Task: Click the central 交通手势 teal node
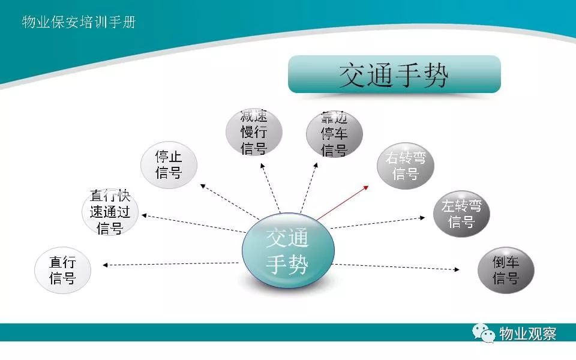(288, 250)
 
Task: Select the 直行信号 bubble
(62, 270)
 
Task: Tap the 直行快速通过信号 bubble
(110, 212)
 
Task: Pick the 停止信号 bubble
(169, 165)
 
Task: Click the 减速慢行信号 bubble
(254, 132)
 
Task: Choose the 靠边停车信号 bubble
(334, 134)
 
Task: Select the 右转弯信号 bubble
(406, 166)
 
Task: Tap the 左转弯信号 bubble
(461, 214)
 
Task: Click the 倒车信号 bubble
(506, 270)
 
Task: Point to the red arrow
(343, 203)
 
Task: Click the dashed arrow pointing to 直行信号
(170, 264)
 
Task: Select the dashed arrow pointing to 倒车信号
(395, 266)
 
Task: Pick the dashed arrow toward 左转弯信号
(377, 223)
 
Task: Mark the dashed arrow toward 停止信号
(230, 202)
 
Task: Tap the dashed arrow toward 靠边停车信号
(309, 188)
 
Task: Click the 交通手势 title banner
(394, 74)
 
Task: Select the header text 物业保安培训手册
(79, 22)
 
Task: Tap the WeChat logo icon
(484, 333)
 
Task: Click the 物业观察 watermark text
(527, 334)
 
